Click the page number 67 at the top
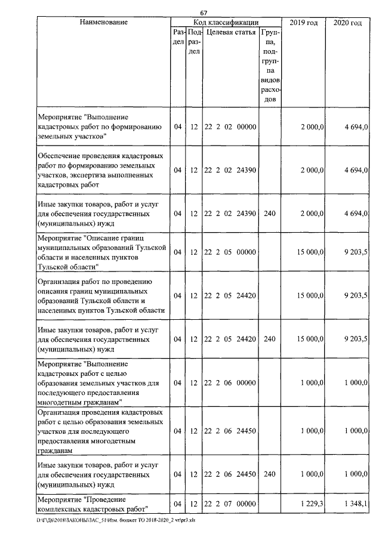pyautogui.click(x=204, y=13)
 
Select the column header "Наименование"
pyautogui.click(x=103, y=23)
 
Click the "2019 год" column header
pyautogui.click(x=304, y=23)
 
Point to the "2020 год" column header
pyautogui.click(x=347, y=23)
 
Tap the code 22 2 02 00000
pyautogui.click(x=230, y=126)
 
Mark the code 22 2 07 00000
pyautogui.click(x=230, y=504)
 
